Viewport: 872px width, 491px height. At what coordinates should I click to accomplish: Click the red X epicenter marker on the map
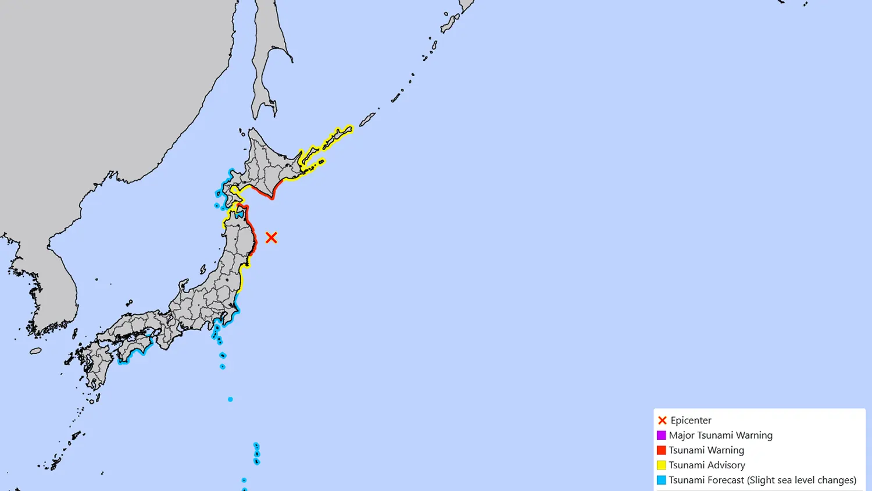pos(271,237)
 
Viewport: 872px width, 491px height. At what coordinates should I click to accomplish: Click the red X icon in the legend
pos(662,420)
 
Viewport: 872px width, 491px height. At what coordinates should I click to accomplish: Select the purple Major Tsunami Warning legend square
pos(661,435)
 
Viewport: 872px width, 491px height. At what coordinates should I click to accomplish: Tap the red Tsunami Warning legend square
pos(661,450)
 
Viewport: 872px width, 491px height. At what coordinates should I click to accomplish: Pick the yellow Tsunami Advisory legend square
pos(661,465)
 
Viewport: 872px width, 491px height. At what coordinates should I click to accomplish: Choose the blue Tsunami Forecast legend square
pos(661,481)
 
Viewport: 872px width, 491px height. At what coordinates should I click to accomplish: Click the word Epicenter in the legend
pos(691,420)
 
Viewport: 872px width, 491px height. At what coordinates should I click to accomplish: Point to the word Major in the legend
pos(681,435)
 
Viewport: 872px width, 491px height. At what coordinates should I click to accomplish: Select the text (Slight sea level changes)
pos(802,481)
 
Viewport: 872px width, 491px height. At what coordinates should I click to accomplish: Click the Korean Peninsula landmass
pos(55,285)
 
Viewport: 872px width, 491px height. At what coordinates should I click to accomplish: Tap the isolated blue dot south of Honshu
pos(230,399)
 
